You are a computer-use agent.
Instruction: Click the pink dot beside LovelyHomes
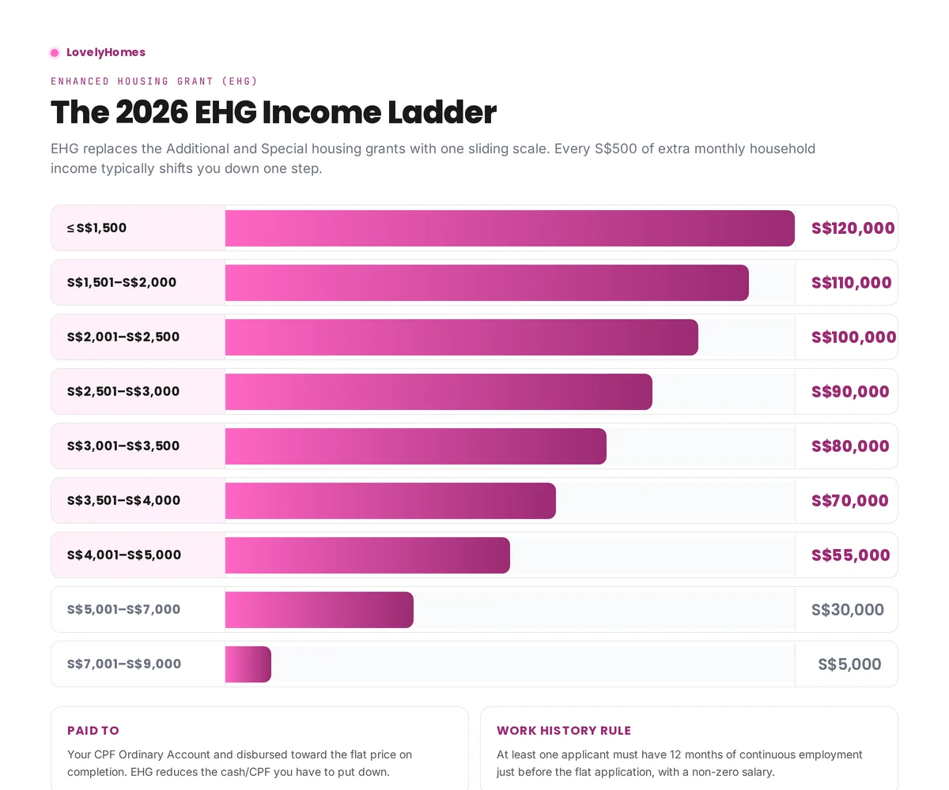[55, 53]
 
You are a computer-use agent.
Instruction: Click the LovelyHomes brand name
[106, 52]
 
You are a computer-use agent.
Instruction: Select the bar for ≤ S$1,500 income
[509, 228]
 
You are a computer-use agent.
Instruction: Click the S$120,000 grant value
[853, 228]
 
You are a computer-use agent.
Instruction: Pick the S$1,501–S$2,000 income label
[122, 283]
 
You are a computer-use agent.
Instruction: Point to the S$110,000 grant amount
[851, 283]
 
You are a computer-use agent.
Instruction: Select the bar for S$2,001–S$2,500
[461, 337]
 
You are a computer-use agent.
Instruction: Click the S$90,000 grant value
[850, 392]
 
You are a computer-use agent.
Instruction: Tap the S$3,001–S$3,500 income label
[123, 446]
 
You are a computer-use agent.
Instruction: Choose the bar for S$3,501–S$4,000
[390, 501]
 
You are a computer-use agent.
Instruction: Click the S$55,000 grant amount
[850, 555]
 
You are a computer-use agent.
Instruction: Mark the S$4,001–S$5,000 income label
[124, 555]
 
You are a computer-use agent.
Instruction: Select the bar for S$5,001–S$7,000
[319, 610]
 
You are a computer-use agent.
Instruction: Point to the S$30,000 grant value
[847, 610]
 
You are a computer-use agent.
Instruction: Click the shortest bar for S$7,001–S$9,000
[248, 664]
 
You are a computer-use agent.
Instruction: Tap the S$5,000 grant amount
[849, 664]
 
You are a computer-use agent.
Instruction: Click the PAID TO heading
[93, 731]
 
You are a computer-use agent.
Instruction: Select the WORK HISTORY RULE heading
[564, 731]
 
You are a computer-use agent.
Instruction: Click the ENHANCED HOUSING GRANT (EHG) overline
[154, 81]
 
